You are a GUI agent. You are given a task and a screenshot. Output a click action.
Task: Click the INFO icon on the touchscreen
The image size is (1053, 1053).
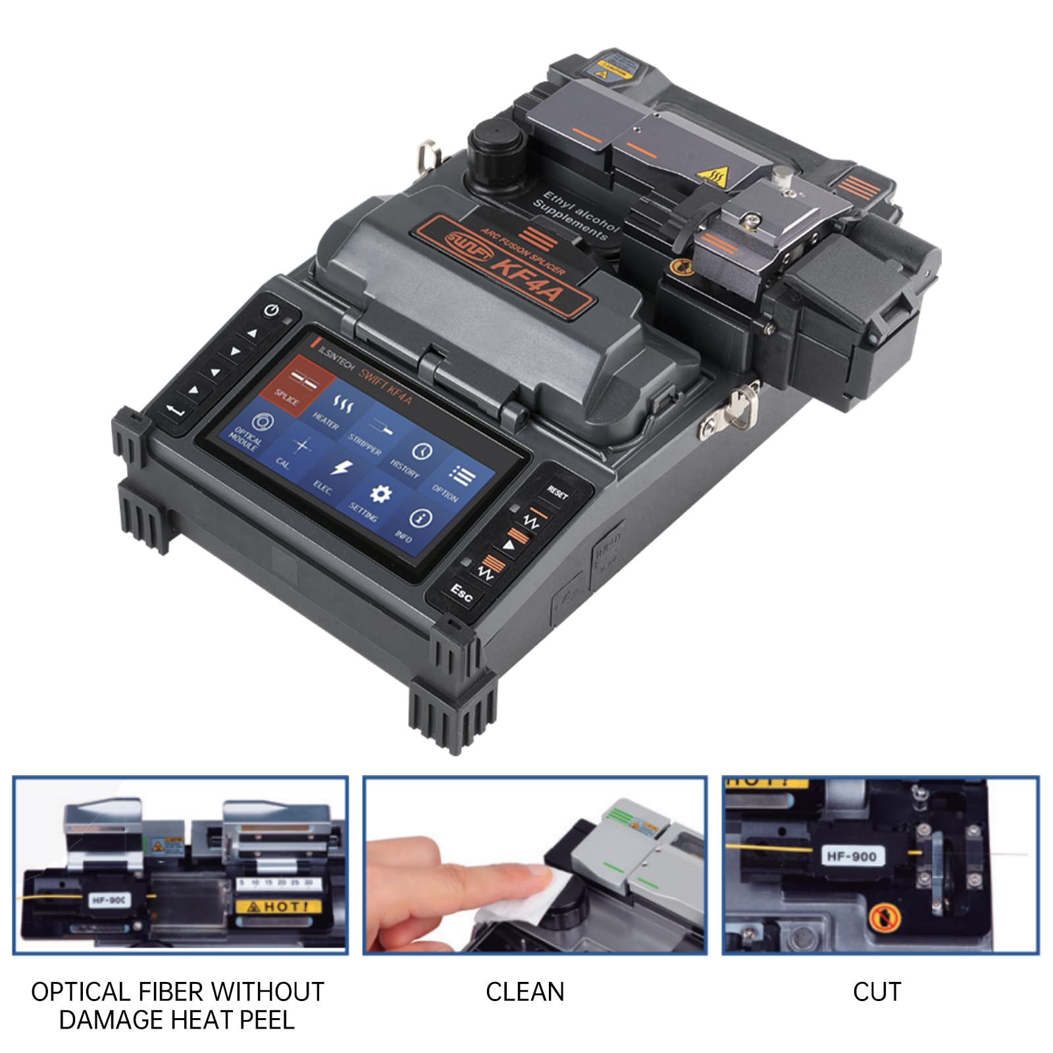419,519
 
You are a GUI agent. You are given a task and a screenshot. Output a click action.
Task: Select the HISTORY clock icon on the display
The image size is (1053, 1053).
421,451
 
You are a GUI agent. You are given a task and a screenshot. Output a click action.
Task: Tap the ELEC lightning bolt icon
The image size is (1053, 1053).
340,469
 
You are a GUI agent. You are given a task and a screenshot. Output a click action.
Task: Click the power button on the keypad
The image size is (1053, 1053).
272,310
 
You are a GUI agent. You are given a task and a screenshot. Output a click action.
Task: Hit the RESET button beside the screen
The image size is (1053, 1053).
557,492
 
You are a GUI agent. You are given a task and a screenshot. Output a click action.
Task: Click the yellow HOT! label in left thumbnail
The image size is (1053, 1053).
278,906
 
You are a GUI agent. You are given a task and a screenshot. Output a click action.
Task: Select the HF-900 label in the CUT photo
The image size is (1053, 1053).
852,856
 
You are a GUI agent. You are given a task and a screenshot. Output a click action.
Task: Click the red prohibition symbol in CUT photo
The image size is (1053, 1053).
881,917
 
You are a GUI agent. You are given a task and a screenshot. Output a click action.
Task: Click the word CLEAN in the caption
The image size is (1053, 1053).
525,992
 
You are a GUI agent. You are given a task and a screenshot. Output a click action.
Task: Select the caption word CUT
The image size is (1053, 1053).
876,992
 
